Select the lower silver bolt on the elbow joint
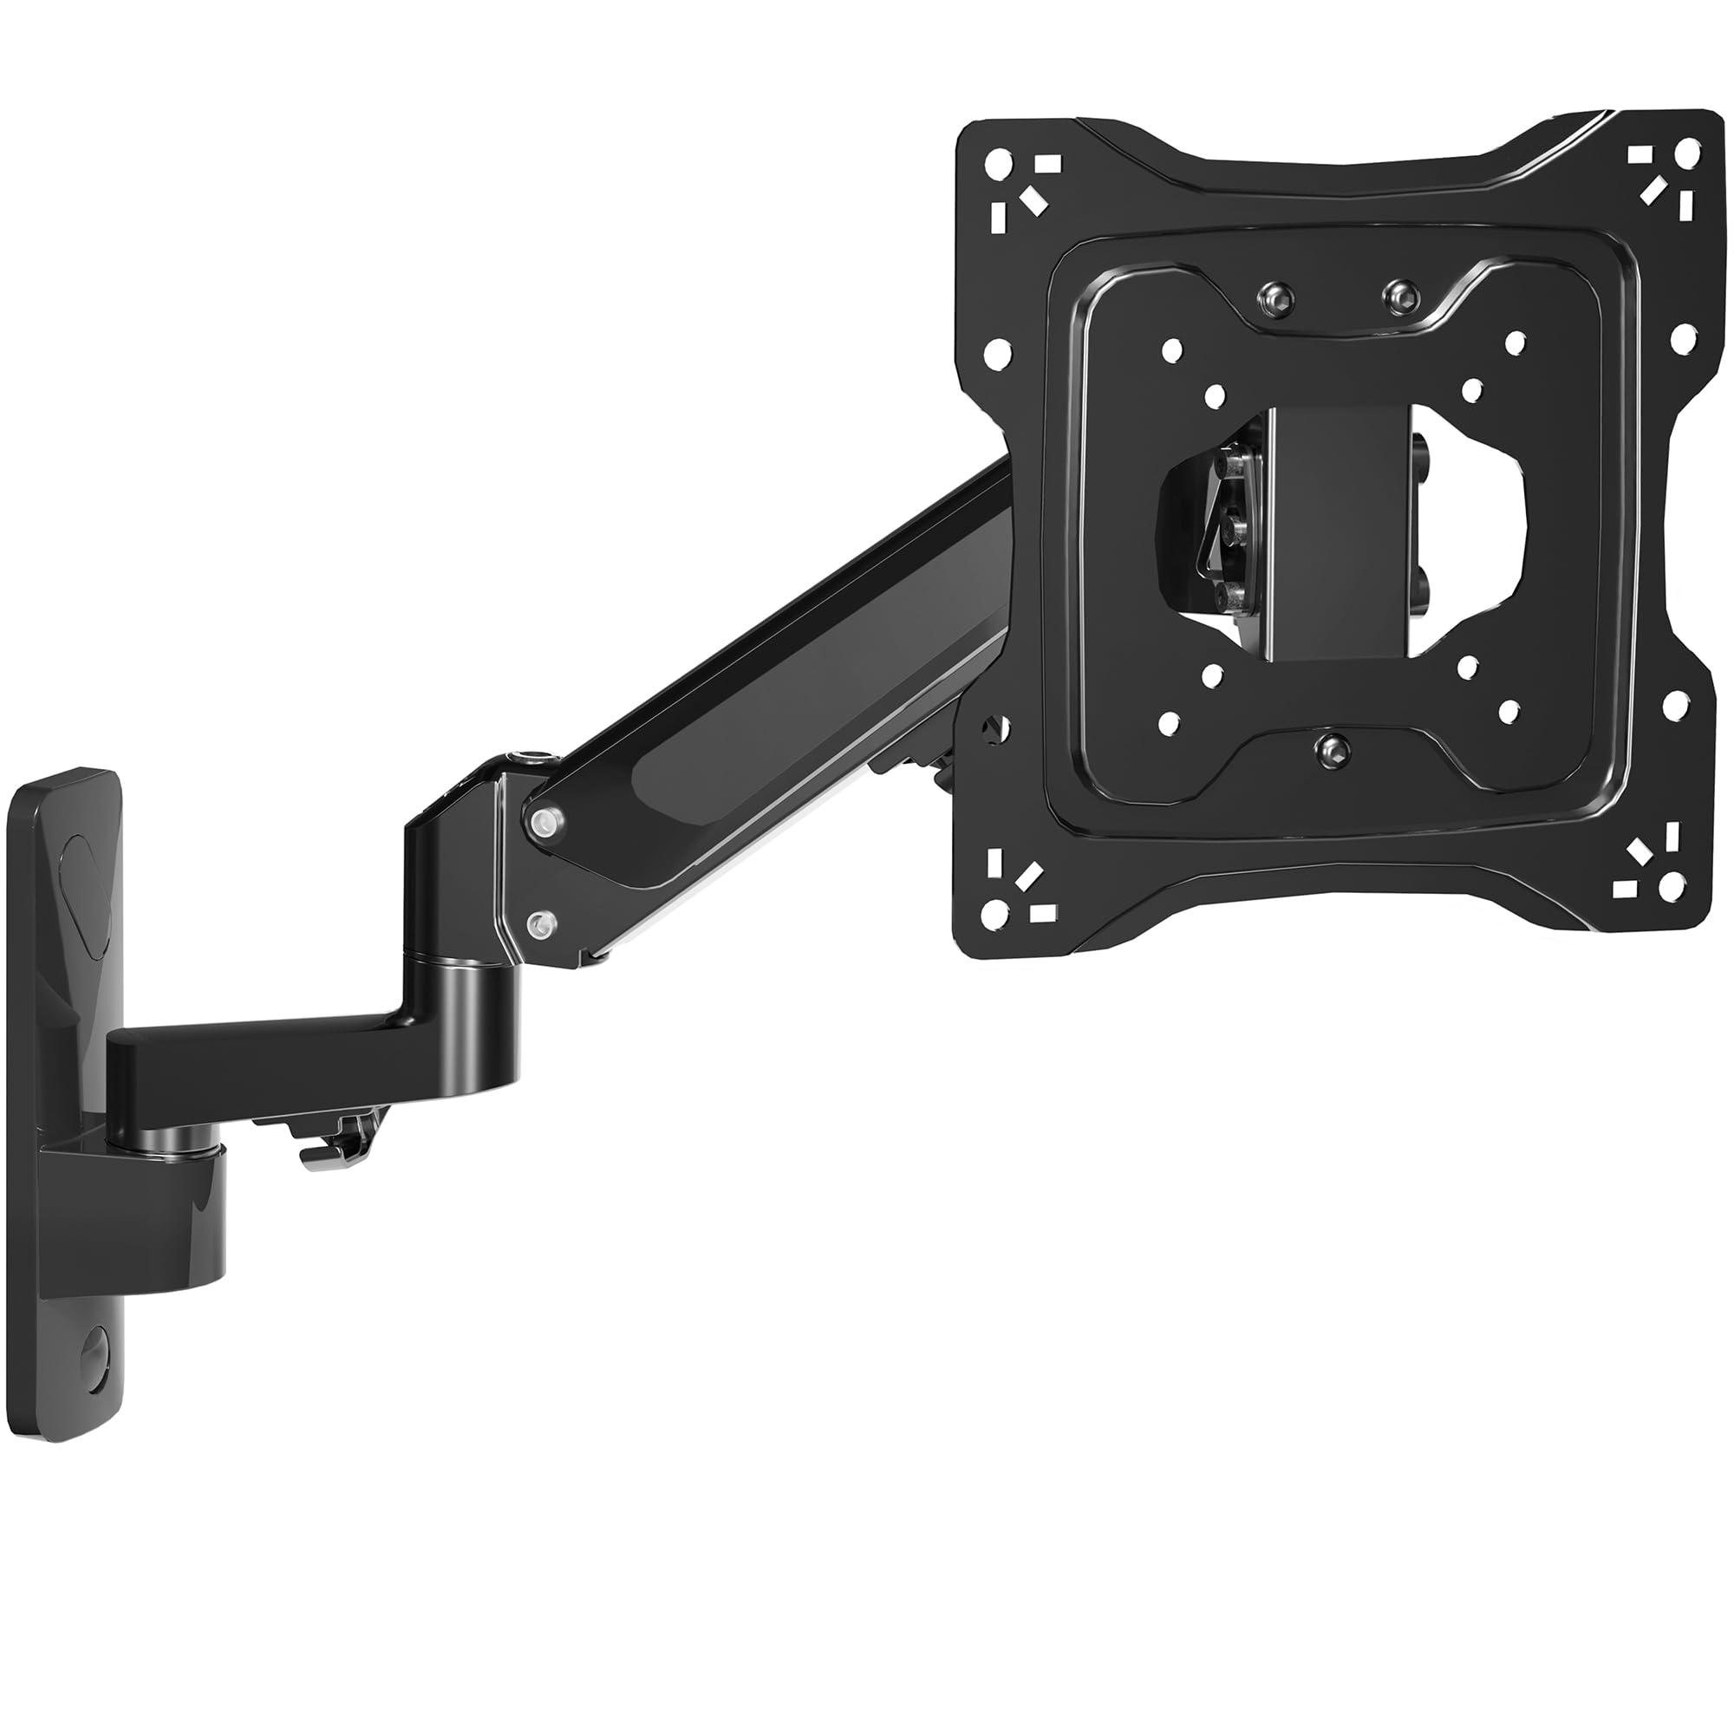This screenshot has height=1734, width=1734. tap(539, 922)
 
